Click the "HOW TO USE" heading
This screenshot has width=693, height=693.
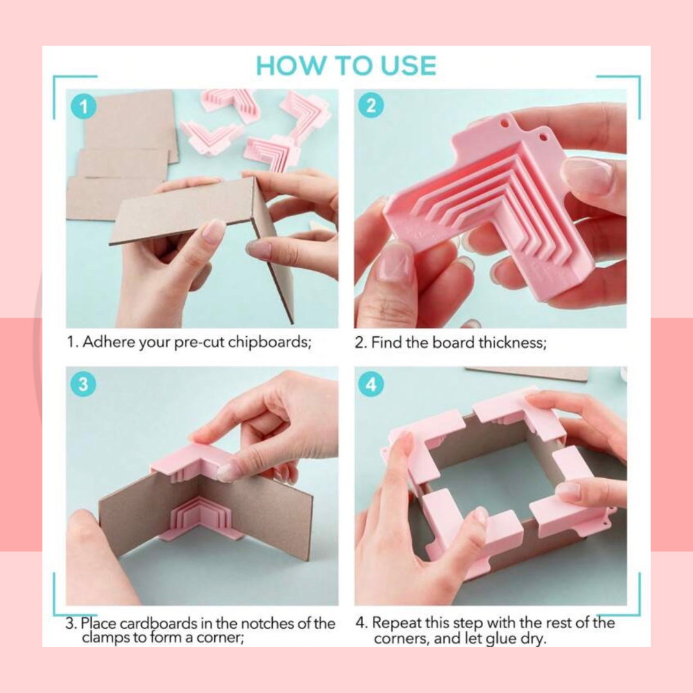(346, 66)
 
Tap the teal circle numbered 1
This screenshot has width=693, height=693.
(83, 107)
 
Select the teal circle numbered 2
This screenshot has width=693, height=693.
(371, 105)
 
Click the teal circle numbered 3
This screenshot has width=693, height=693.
(83, 384)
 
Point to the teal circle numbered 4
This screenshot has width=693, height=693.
(371, 384)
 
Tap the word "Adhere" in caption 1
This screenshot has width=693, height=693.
(109, 341)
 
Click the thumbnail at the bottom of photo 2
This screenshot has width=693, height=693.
(395, 264)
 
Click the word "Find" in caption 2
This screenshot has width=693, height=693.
(386, 343)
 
